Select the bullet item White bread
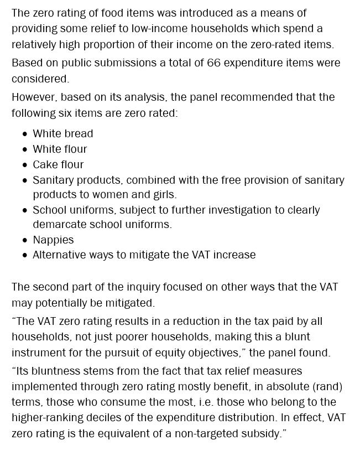tap(63, 133)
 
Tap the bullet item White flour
tap(60, 149)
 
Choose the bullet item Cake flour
tap(58, 164)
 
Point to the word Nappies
tap(53, 240)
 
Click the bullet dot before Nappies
tap(25, 240)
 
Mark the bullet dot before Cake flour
tap(25, 165)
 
